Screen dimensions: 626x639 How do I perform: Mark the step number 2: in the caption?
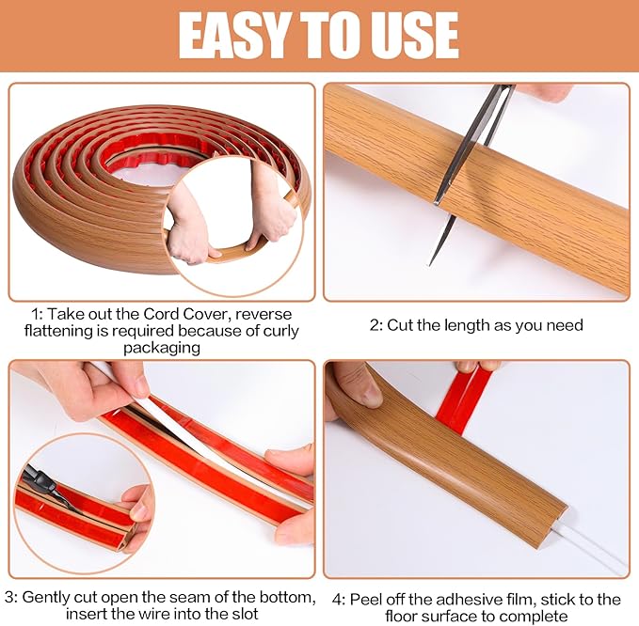click(376, 325)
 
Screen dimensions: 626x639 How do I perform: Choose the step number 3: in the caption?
click(12, 597)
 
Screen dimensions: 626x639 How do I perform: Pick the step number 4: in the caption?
click(340, 599)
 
